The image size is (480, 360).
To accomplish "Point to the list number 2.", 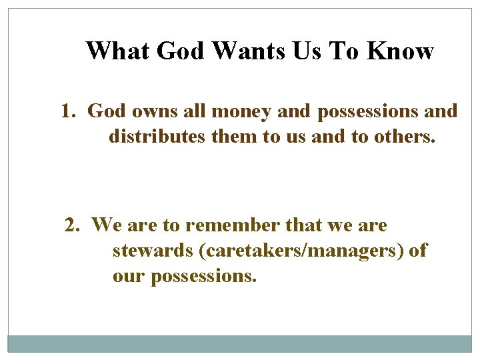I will pos(71,225).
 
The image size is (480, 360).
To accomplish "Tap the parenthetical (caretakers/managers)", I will pos(301,251).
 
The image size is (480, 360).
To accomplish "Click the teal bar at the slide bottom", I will pos(240,343).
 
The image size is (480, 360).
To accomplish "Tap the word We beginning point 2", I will pos(105,225).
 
